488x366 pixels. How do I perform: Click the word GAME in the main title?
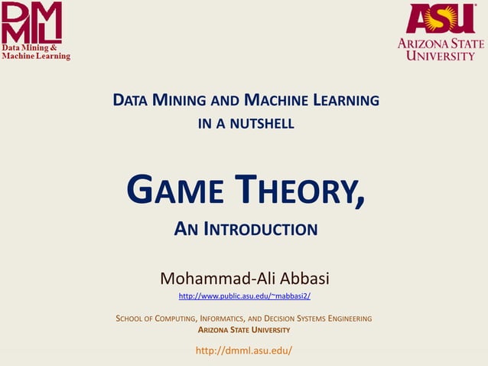click(x=173, y=191)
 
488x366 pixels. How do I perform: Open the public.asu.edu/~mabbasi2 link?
click(x=244, y=296)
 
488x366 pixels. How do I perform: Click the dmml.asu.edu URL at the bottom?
click(x=244, y=351)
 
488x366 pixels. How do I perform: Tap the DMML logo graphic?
click(x=31, y=22)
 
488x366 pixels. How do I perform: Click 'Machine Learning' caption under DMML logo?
click(x=35, y=56)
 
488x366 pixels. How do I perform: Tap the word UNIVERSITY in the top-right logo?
click(x=441, y=55)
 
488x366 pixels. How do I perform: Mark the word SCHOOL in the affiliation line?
click(x=131, y=318)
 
